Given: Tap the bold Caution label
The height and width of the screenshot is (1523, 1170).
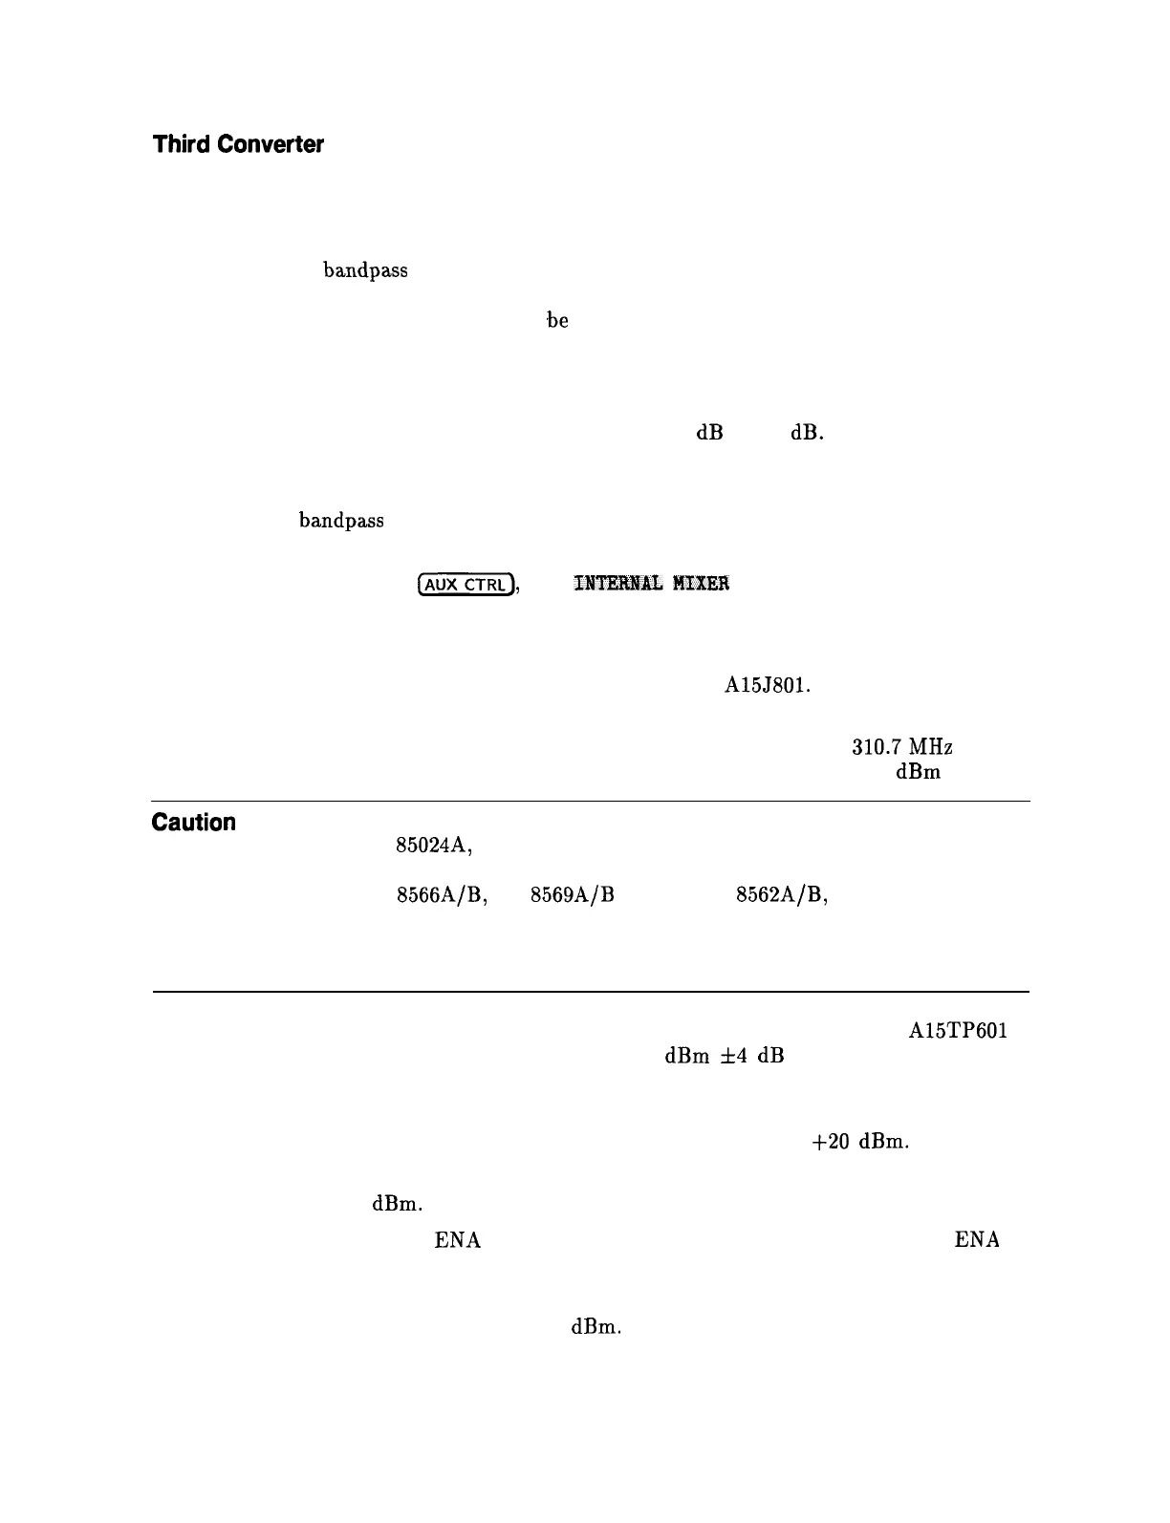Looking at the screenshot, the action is [x=194, y=823].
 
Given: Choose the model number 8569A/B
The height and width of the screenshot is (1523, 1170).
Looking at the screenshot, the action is [x=572, y=894].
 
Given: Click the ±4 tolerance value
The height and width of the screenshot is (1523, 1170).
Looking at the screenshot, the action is [x=736, y=1058].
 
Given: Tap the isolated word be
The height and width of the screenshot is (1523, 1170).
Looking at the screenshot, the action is [x=557, y=321].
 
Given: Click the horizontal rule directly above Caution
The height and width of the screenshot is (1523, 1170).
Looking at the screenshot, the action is [x=590, y=801].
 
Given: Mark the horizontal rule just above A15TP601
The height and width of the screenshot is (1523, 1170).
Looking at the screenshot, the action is [x=590, y=992].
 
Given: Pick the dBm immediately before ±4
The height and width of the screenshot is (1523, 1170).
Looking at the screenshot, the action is [x=686, y=1058].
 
